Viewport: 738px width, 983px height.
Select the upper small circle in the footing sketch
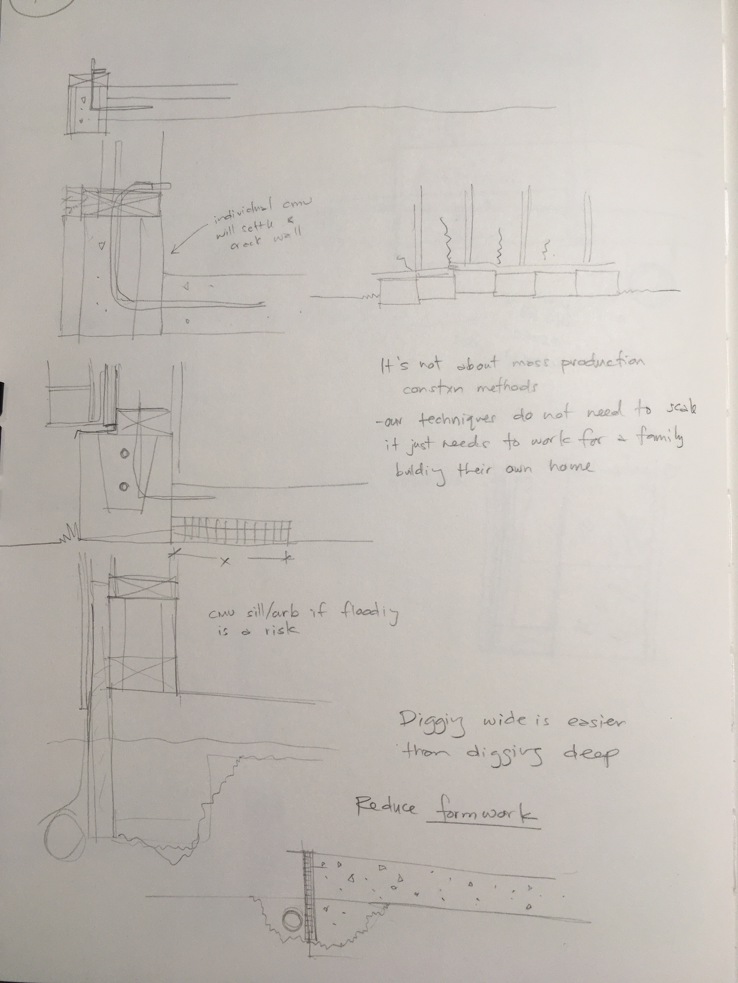tap(124, 454)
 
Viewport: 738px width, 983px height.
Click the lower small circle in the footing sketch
tap(124, 487)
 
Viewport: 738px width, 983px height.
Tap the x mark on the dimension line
tap(225, 562)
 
